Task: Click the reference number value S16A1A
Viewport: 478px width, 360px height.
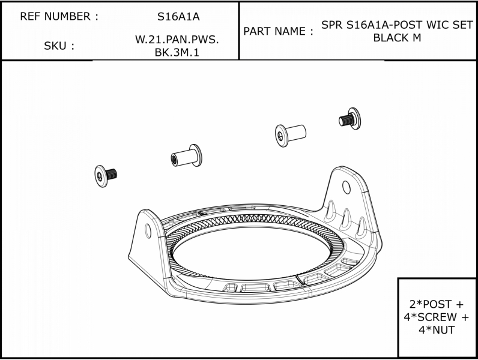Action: click(x=178, y=16)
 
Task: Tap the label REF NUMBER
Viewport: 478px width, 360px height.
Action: click(x=55, y=16)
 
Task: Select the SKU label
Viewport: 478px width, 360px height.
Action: click(x=55, y=46)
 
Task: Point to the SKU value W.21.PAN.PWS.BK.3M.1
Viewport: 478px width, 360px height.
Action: click(x=177, y=46)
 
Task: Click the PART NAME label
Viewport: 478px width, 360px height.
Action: click(x=274, y=31)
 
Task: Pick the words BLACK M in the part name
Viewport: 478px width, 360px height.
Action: click(x=397, y=38)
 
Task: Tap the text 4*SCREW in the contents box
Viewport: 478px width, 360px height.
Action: click(x=432, y=317)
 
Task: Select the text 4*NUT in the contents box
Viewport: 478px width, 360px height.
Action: click(x=437, y=330)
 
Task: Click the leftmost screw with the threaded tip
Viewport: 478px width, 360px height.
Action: click(x=106, y=176)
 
